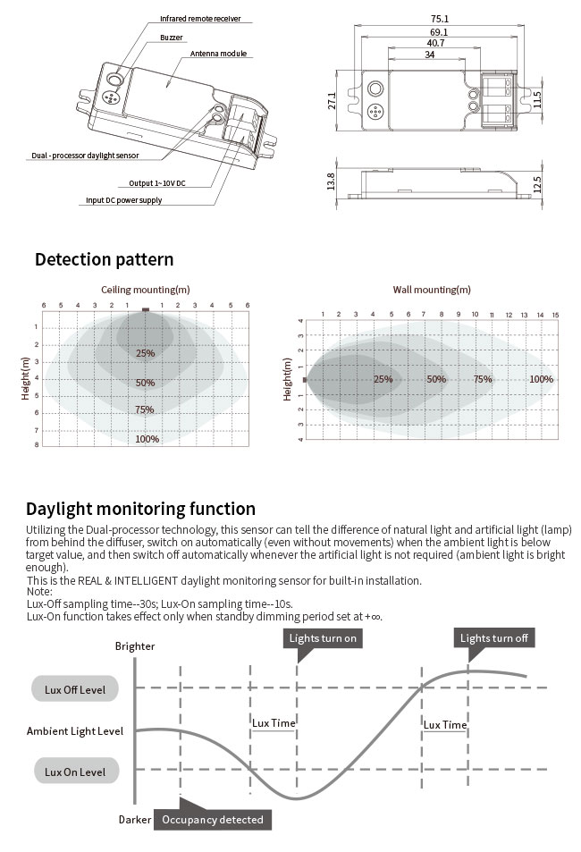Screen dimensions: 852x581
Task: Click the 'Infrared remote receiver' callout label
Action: pyautogui.click(x=200, y=19)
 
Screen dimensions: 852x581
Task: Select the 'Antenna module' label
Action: pyautogui.click(x=218, y=55)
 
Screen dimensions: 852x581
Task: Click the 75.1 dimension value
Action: pyautogui.click(x=439, y=18)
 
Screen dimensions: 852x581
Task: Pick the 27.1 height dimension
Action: pyautogui.click(x=332, y=102)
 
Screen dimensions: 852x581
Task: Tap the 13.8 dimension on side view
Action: pyautogui.click(x=332, y=181)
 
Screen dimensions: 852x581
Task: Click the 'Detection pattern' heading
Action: pyautogui.click(x=104, y=260)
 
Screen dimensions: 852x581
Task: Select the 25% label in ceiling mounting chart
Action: pyautogui.click(x=145, y=353)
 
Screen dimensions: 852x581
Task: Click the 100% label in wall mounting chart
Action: pyautogui.click(x=541, y=379)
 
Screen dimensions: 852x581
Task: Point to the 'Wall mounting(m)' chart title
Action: pyautogui.click(x=432, y=290)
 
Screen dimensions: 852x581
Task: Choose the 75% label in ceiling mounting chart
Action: pyautogui.click(x=145, y=410)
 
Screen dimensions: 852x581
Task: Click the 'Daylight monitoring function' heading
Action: pyautogui.click(x=141, y=509)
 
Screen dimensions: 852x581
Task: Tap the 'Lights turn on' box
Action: pyautogui.click(x=323, y=638)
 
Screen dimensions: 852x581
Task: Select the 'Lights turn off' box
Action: pyautogui.click(x=494, y=638)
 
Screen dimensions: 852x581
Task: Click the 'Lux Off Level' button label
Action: pyautogui.click(x=75, y=689)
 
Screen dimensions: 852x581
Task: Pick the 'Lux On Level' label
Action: pyautogui.click(x=75, y=772)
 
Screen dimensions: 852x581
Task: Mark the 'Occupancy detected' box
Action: pyautogui.click(x=213, y=819)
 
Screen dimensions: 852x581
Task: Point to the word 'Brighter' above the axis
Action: pyautogui.click(x=135, y=646)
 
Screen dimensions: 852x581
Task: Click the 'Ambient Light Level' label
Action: pyautogui.click(x=75, y=731)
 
